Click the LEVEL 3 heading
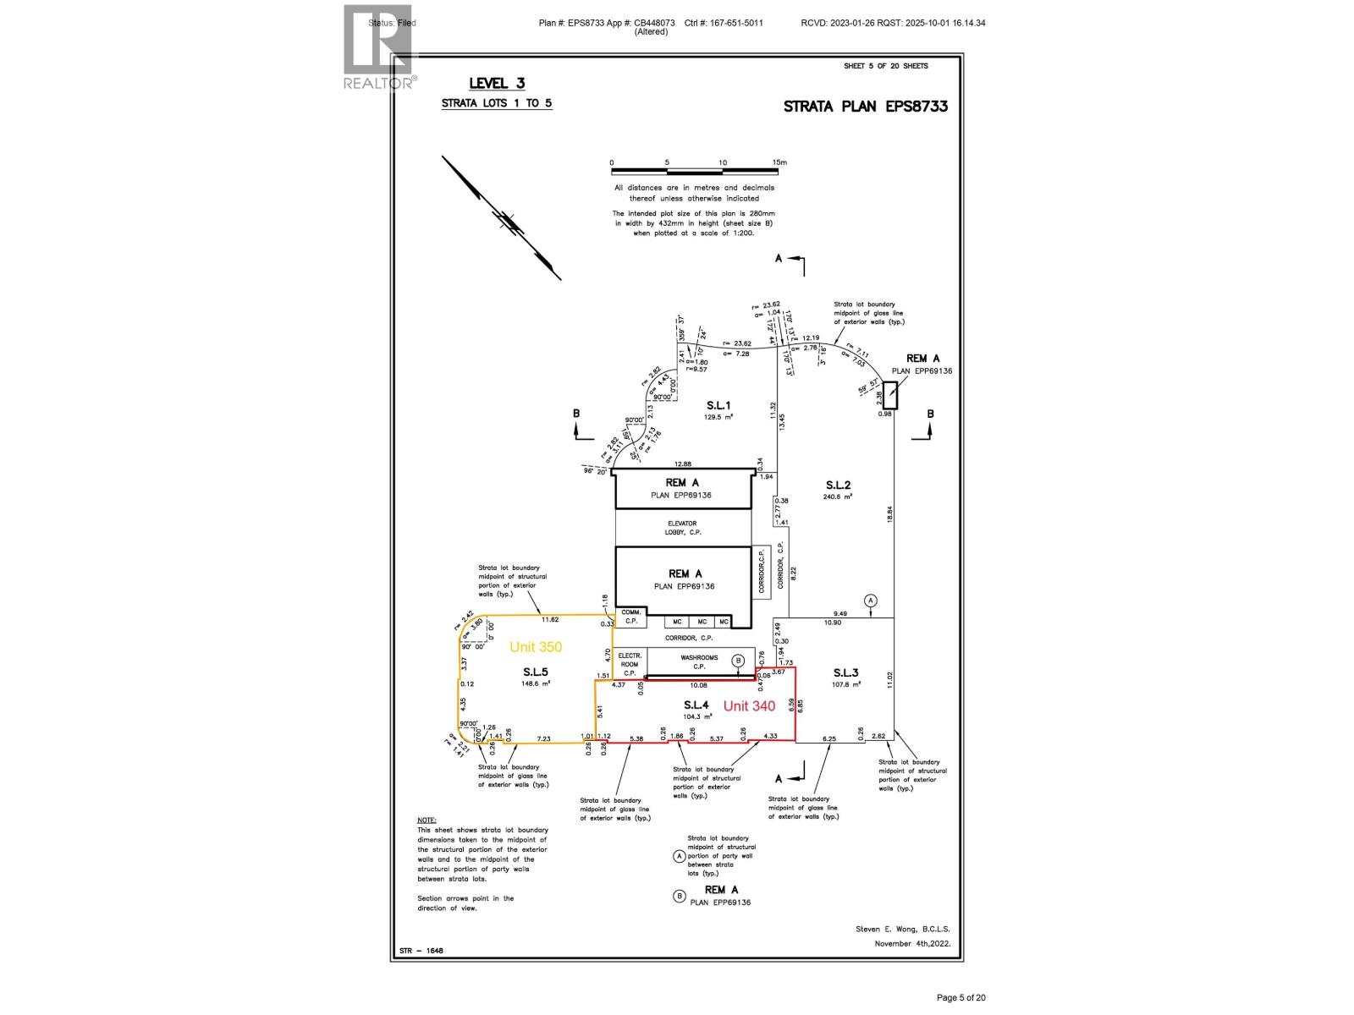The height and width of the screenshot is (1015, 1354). point(497,83)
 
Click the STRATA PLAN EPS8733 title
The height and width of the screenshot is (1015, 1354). point(865,107)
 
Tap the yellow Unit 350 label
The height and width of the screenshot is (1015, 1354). point(536,647)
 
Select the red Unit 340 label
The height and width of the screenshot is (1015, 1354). point(749,706)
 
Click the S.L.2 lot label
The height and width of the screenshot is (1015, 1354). point(838,485)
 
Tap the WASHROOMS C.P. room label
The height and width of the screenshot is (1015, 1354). point(699,661)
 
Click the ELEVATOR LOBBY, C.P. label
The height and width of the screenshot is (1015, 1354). point(683,528)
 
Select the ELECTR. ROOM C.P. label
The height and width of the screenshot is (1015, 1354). point(630,665)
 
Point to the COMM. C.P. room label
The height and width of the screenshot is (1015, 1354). point(630,616)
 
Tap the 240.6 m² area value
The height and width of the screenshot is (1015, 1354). point(837,497)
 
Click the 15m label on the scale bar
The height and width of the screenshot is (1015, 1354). point(779,162)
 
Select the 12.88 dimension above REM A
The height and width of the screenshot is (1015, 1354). point(683,464)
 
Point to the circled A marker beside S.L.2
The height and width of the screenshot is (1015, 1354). point(871,601)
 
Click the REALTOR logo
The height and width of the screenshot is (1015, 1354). point(380,47)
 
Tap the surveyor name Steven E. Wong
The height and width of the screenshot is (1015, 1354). point(902,929)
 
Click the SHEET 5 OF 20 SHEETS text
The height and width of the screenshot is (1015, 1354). point(885,66)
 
